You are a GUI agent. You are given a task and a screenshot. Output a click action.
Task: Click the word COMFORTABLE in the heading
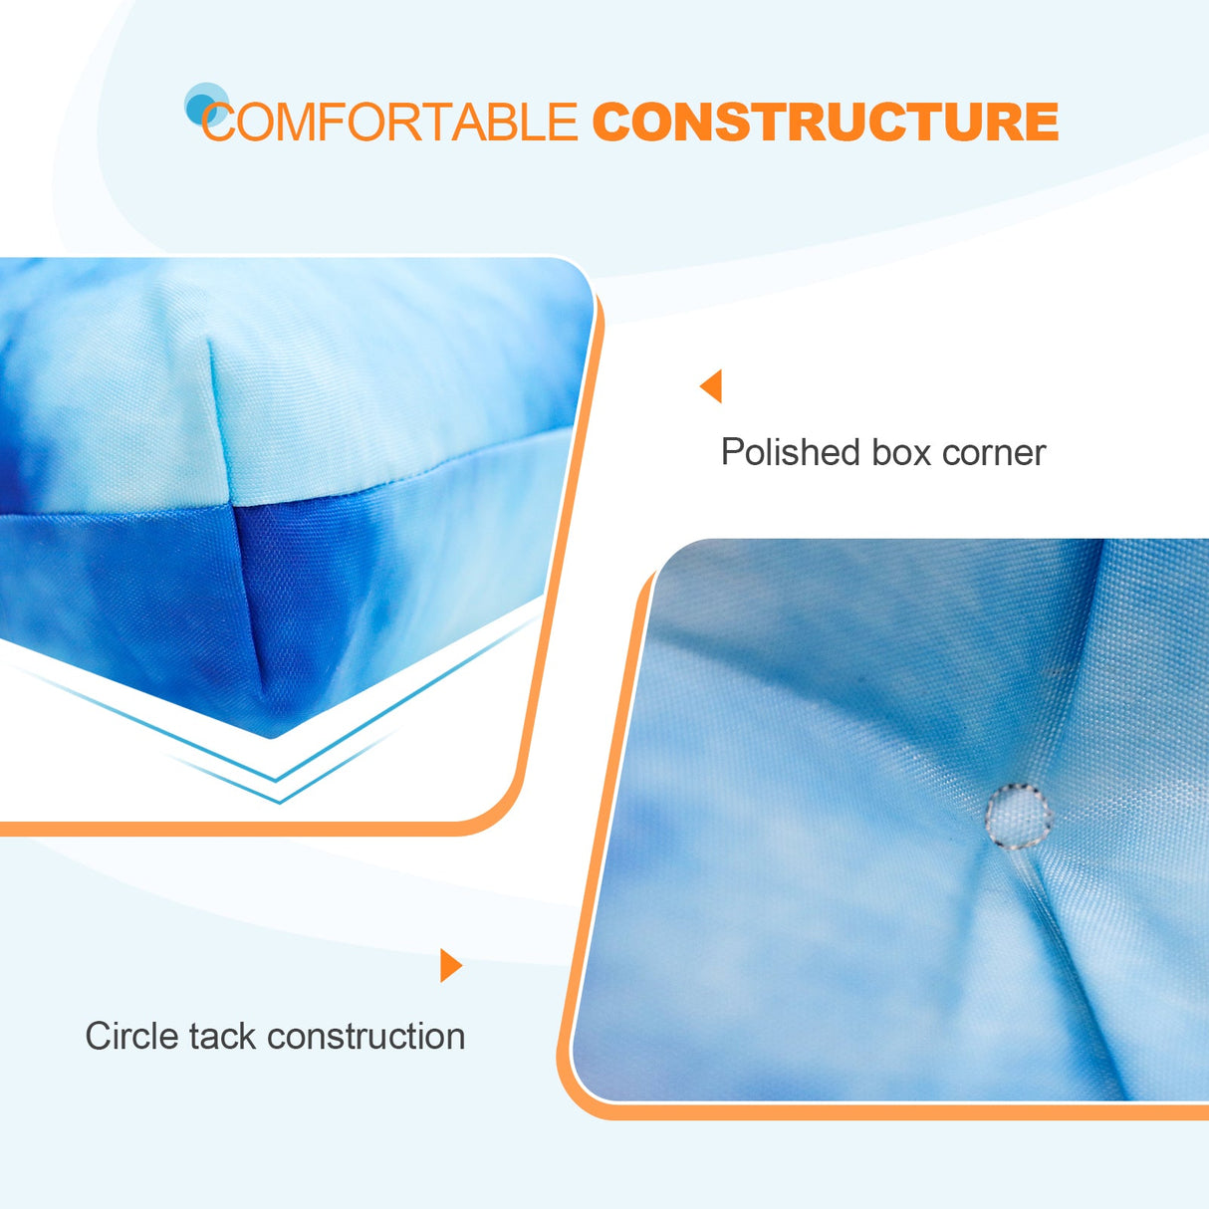(x=389, y=122)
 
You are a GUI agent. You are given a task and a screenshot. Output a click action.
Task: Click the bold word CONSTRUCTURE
(x=825, y=122)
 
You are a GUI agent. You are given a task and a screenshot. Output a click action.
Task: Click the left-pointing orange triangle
(x=711, y=385)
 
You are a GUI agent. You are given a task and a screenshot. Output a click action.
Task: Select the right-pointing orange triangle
(x=451, y=965)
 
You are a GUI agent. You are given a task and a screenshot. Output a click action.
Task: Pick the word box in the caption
(x=900, y=453)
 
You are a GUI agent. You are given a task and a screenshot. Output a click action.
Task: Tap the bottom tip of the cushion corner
(x=271, y=736)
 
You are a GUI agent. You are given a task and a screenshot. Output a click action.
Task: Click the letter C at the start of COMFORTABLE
(x=218, y=122)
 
